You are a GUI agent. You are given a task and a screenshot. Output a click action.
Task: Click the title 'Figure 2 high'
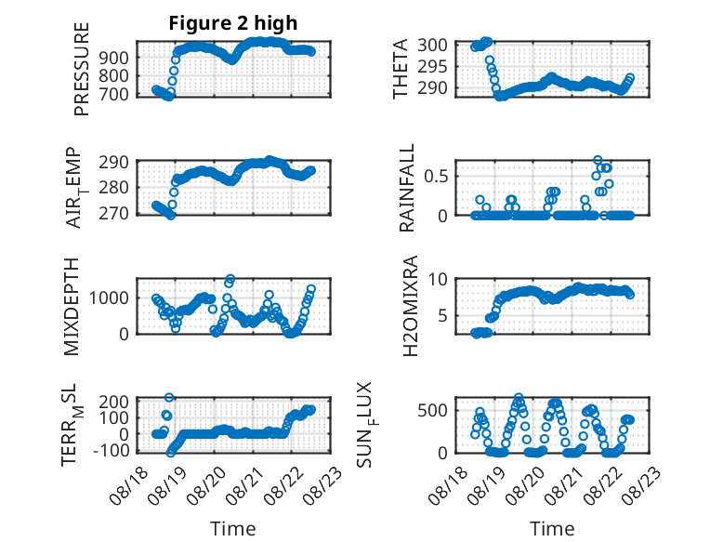point(233,23)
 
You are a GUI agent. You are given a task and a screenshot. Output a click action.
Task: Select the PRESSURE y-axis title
point(81,69)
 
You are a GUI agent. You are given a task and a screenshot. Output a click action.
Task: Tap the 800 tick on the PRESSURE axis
point(114,75)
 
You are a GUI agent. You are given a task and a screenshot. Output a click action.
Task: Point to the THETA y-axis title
point(401,69)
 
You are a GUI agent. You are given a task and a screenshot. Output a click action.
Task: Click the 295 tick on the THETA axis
point(432,66)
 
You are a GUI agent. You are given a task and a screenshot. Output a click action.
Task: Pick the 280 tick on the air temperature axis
point(114,188)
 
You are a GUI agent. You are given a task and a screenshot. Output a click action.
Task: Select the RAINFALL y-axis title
point(407,188)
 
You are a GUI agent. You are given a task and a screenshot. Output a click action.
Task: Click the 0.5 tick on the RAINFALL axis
point(436,177)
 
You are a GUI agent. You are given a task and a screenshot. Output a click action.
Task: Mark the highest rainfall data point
point(598,161)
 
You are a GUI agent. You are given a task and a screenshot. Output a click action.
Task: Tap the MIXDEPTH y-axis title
point(72,307)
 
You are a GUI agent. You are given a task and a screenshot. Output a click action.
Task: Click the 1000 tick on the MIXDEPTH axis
point(109,298)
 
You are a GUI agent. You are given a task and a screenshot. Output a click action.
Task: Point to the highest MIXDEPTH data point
point(230,279)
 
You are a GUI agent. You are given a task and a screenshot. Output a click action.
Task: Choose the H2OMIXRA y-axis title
point(410,306)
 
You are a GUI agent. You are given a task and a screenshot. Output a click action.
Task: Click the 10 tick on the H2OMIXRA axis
point(438,279)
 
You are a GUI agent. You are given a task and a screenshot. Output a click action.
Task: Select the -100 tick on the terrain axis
point(112,450)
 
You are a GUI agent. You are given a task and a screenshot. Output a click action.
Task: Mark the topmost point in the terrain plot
point(169,397)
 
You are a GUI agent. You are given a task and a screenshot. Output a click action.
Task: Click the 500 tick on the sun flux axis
point(432,411)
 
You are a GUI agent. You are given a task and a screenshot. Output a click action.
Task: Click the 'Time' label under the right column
point(552,529)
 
